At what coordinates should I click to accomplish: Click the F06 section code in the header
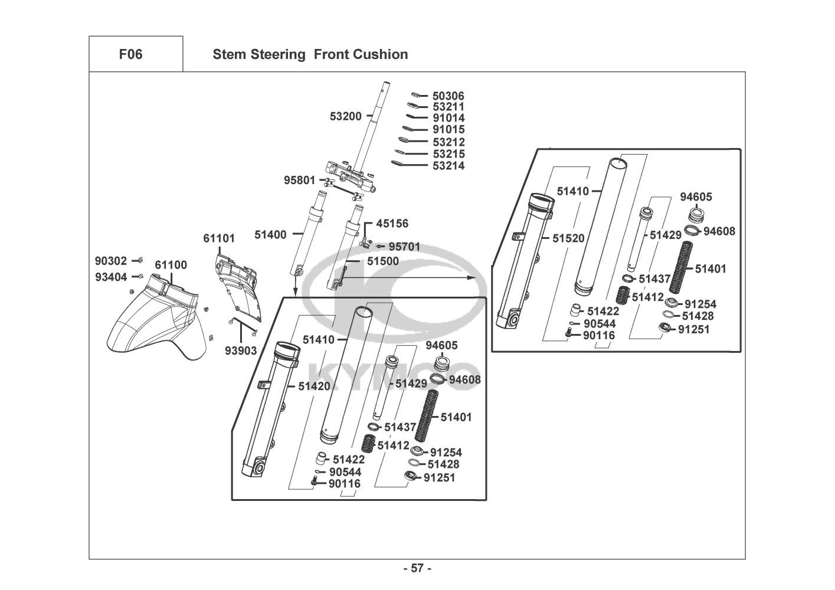pos(130,54)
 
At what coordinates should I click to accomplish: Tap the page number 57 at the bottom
pos(417,569)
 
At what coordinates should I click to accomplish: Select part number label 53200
pos(345,117)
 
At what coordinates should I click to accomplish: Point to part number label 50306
pos(448,96)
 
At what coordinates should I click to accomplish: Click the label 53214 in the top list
pos(448,166)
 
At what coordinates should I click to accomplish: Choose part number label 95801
pos(299,180)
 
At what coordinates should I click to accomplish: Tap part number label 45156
pos(392,224)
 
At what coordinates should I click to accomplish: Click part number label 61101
pos(219,239)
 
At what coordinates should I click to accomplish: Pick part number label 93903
pos(241,351)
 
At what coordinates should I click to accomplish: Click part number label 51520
pos(568,238)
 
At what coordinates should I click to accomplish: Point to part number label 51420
pos(314,386)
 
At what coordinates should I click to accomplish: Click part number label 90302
pos(111,260)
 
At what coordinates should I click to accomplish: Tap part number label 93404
pos(111,277)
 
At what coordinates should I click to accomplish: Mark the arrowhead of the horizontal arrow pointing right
pos(472,277)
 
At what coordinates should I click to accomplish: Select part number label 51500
pos(382,261)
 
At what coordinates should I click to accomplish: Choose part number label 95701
pos(404,247)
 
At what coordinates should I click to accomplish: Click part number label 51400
pos(270,235)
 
